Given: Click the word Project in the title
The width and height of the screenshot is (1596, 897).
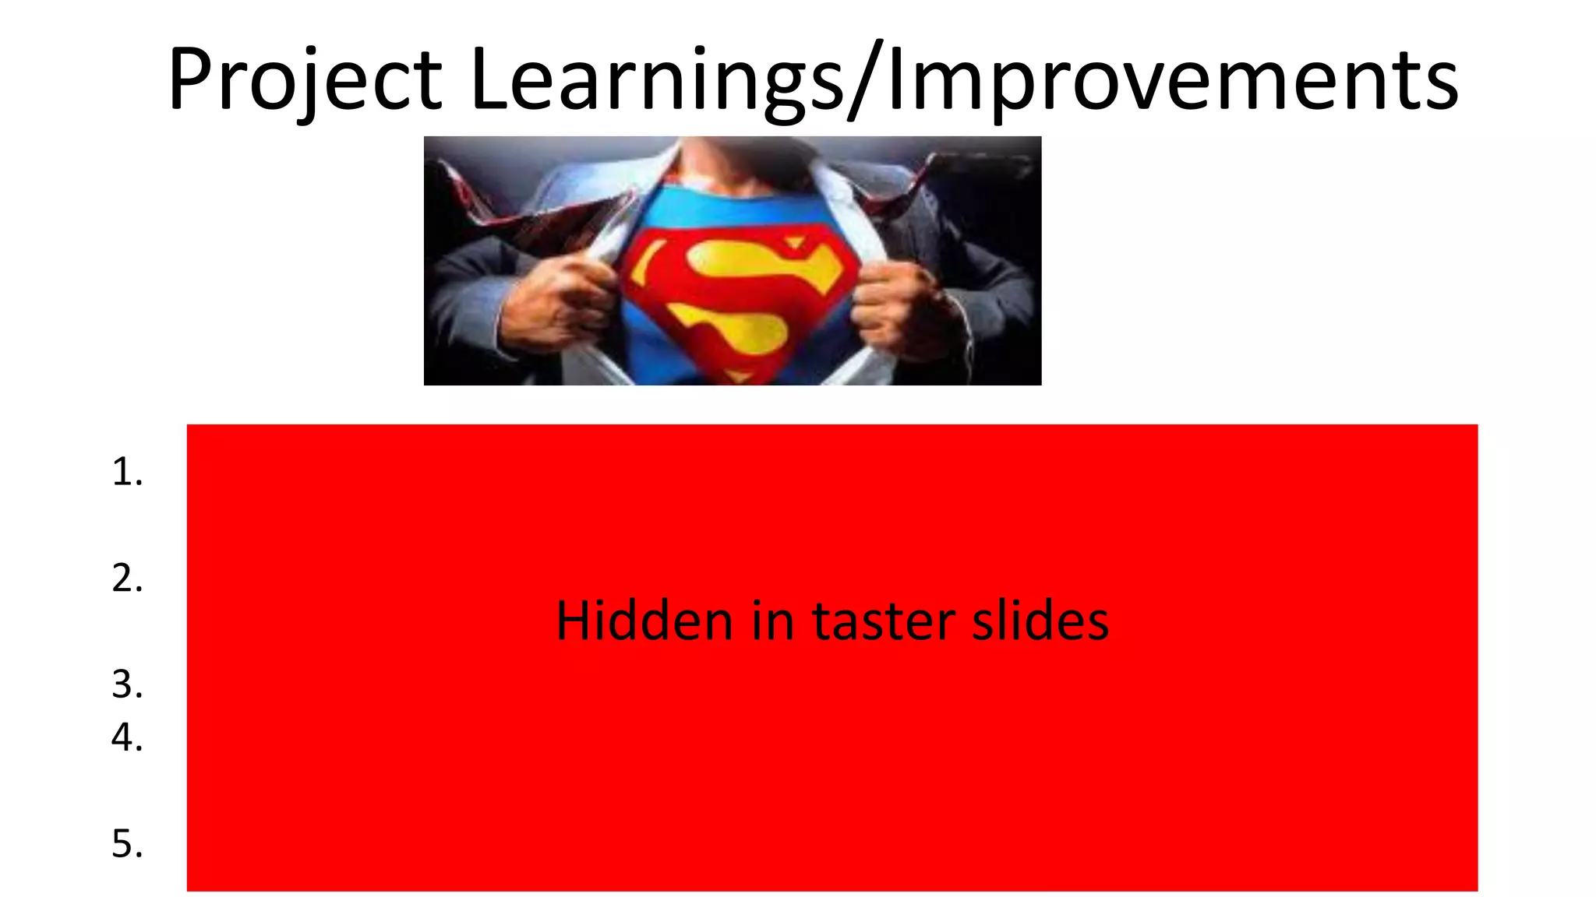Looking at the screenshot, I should click(x=305, y=79).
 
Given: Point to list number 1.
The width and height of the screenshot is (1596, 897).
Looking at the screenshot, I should click(x=127, y=472).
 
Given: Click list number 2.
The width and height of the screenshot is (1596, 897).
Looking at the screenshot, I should click(x=127, y=579).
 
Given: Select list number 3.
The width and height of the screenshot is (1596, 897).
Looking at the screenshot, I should click(x=127, y=684).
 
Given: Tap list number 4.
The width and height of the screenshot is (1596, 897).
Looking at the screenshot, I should click(x=127, y=737).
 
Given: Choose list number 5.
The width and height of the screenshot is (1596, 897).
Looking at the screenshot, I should click(x=127, y=844).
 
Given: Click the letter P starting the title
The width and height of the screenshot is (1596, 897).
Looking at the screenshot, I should click(x=189, y=79).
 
